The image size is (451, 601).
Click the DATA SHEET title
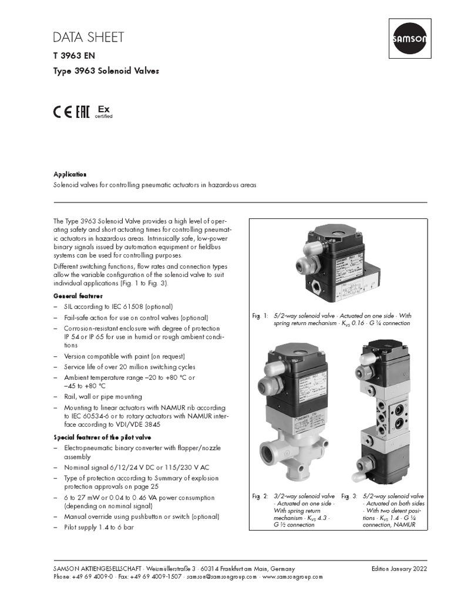[88, 38]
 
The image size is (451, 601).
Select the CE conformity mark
[63, 112]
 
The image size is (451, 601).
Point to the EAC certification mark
[83, 112]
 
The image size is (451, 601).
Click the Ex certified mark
[103, 112]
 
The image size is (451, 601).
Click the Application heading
[70, 174]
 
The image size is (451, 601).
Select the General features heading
[78, 295]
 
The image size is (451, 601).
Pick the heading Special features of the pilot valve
[103, 437]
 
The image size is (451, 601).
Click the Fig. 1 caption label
[260, 316]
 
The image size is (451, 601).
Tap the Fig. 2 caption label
[260, 497]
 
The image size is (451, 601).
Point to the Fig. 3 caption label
[349, 497]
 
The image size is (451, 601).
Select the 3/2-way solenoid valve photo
[294, 411]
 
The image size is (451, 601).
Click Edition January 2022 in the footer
[399, 569]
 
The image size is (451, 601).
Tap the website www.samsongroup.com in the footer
[292, 576]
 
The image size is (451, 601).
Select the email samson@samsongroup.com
[222, 576]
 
